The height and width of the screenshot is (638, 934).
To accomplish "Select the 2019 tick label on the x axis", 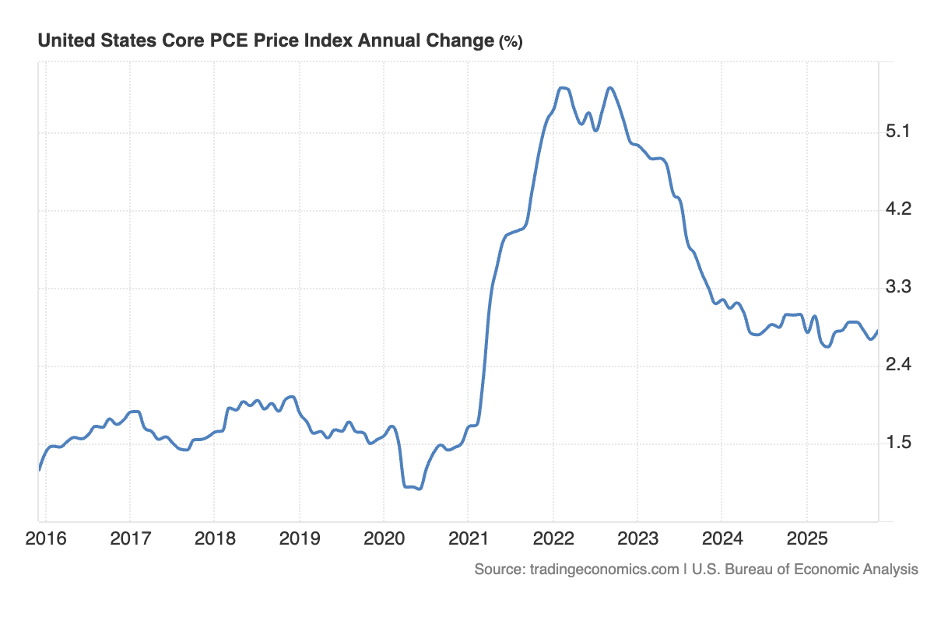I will click(299, 538).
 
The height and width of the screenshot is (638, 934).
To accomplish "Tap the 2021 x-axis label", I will click(468, 538).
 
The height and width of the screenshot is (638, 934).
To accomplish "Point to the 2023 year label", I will click(637, 538).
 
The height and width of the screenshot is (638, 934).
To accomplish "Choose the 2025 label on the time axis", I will click(806, 538).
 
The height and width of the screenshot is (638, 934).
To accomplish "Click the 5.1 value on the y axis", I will click(899, 132).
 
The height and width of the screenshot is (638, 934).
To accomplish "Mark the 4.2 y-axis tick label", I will click(899, 210).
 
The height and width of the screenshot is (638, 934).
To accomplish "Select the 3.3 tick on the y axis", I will click(899, 288).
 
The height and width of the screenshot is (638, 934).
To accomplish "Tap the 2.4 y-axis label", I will click(899, 366).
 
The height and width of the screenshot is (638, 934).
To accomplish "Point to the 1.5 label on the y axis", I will click(899, 443).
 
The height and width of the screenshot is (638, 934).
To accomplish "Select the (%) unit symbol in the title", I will click(511, 42).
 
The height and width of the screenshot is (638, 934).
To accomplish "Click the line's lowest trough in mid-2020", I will click(419, 489).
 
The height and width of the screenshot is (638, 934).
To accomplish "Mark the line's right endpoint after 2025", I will click(878, 331).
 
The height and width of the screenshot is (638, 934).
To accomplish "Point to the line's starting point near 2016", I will click(39, 469).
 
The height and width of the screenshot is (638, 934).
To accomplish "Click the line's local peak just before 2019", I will click(291, 397).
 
